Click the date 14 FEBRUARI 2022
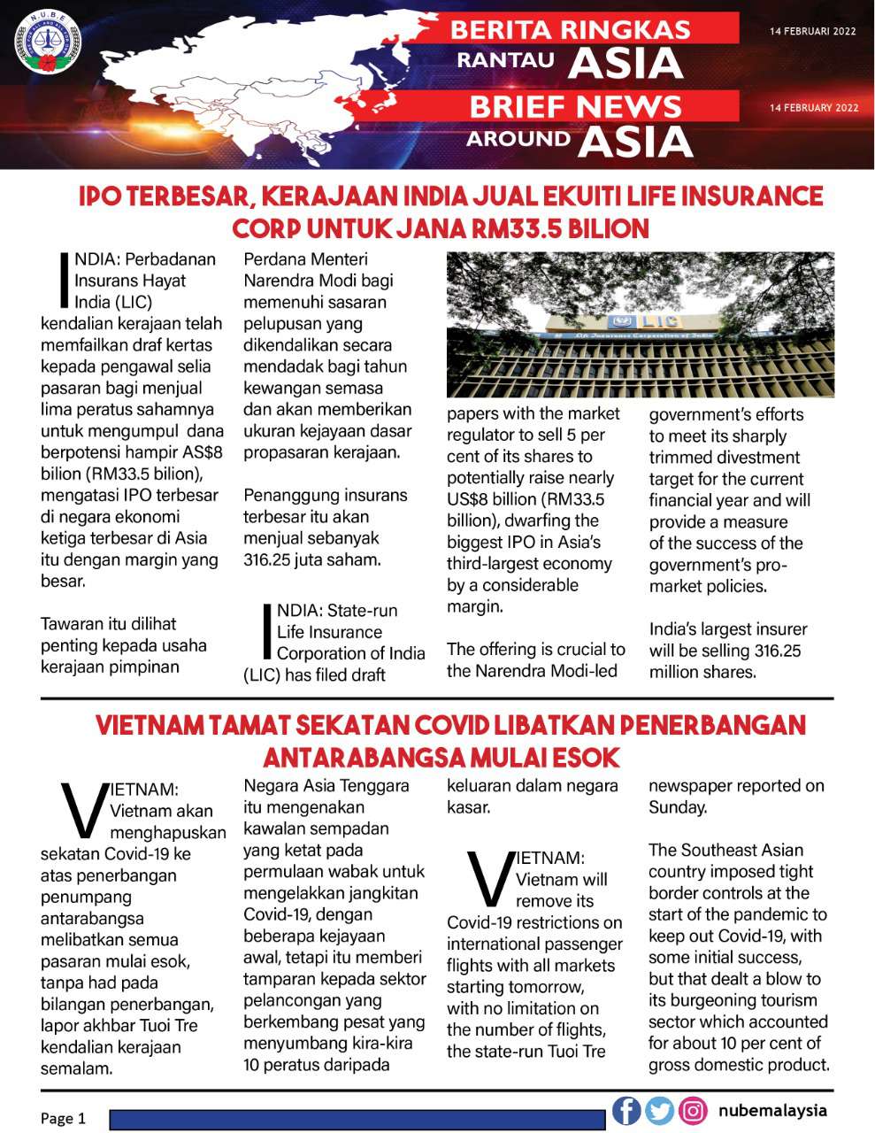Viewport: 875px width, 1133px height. pyautogui.click(x=812, y=31)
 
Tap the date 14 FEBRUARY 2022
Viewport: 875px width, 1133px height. pyautogui.click(x=813, y=108)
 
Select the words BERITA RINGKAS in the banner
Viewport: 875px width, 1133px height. pyautogui.click(x=570, y=29)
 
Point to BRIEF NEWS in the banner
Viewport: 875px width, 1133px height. pyautogui.click(x=575, y=107)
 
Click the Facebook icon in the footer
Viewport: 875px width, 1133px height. pyautogui.click(x=626, y=1110)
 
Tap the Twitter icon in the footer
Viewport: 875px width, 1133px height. pyautogui.click(x=659, y=1110)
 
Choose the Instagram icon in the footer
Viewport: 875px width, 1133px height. pyautogui.click(x=693, y=1110)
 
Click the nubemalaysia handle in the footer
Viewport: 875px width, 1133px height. pyautogui.click(x=772, y=1110)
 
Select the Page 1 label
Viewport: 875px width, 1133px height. pyautogui.click(x=63, y=1118)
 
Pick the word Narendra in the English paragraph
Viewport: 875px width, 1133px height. pyautogui.click(x=534, y=671)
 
